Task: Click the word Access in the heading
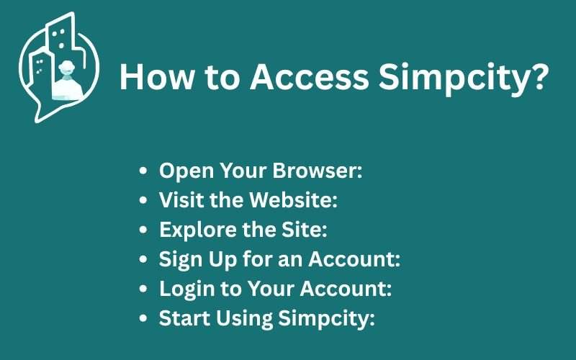pos(309,77)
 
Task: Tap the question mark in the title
pos(539,76)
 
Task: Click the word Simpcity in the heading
pos(454,79)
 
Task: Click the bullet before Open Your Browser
pos(143,171)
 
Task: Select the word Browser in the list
pos(318,171)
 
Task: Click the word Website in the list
pos(293,200)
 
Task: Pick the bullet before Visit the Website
pos(143,200)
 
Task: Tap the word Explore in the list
pos(199,230)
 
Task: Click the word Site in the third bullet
pos(304,229)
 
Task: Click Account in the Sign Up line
pos(354,259)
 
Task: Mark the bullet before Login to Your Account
pos(143,289)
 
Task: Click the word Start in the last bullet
pos(185,318)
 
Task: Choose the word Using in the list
pos(244,318)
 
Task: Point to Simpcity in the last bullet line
pos(326,318)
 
